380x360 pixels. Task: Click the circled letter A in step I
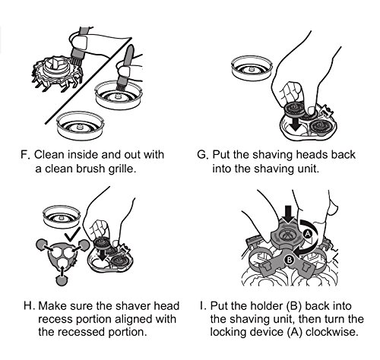point(308,234)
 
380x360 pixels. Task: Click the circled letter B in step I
point(289,260)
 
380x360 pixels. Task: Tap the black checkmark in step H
point(73,234)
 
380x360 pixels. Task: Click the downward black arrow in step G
point(296,124)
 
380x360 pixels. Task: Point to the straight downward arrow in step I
point(288,215)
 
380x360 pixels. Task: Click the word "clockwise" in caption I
point(332,332)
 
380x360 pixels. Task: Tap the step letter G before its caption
point(203,154)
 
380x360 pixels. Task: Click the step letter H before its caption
point(29,306)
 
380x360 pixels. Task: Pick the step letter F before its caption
point(25,154)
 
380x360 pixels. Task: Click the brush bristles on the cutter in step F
point(75,61)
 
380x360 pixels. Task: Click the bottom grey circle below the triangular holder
point(62,280)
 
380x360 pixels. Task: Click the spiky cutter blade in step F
point(57,73)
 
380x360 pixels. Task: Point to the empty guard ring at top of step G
point(252,69)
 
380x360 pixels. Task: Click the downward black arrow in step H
point(102,255)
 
